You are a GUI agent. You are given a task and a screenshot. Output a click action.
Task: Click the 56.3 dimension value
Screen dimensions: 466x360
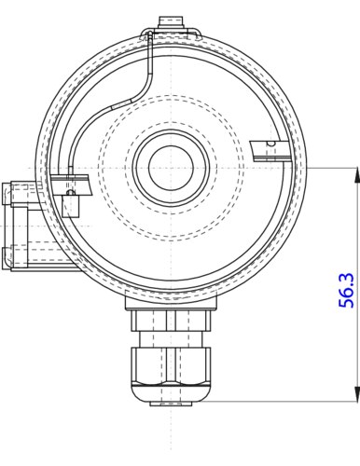tap(346, 291)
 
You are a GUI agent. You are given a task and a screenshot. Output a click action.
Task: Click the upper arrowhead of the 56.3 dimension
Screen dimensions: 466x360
tap(357, 172)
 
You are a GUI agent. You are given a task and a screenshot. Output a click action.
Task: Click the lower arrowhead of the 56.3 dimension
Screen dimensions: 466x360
tap(357, 398)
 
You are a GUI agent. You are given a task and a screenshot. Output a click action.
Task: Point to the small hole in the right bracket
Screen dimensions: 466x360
tap(270, 143)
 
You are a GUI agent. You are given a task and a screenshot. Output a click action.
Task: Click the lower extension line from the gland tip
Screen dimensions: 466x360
tap(280, 404)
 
